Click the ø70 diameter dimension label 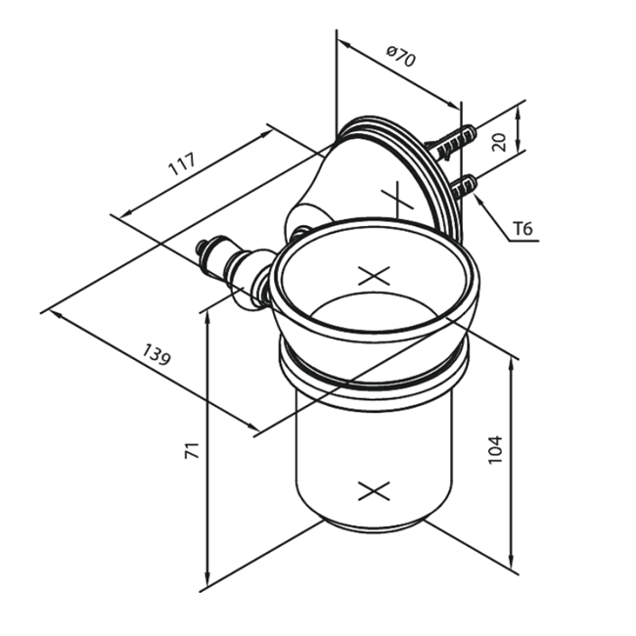[x=401, y=57]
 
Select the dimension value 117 [x=182, y=163]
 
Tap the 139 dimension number [x=157, y=354]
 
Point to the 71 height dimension [x=192, y=451]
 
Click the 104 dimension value [x=494, y=450]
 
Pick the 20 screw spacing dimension [x=498, y=142]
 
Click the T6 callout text [x=522, y=229]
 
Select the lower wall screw [x=464, y=187]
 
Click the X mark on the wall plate [x=397, y=199]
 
